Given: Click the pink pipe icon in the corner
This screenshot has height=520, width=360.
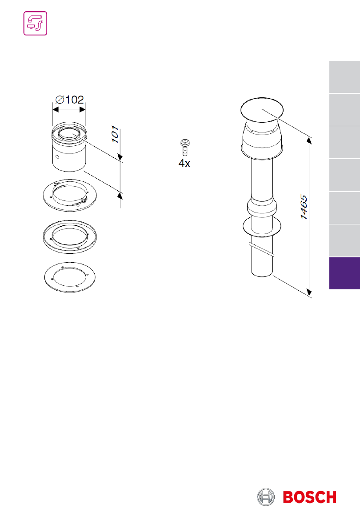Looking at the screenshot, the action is [35, 23].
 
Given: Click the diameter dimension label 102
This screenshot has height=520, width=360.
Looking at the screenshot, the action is [70, 100].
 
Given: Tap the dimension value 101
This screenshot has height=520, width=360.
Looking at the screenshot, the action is [115, 134].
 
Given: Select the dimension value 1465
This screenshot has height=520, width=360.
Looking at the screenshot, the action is [304, 207].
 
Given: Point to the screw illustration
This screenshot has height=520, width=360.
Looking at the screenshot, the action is [184, 147].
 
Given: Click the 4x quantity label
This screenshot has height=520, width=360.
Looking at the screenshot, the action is [184, 163].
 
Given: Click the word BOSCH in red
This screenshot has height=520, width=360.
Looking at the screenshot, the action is [310, 497].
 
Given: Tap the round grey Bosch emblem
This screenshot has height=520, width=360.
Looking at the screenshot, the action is [266, 497].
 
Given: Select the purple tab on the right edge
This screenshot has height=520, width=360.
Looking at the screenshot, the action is [344, 273].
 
